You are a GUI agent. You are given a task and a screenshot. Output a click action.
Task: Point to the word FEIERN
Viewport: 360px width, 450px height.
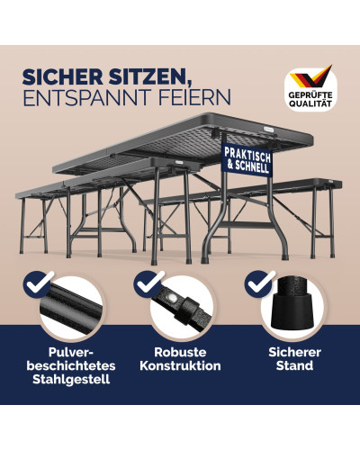194,97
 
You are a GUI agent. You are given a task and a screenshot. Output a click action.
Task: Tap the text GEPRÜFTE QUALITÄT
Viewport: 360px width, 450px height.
310,100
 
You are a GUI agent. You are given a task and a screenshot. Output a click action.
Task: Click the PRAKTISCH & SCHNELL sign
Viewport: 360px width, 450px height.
247,159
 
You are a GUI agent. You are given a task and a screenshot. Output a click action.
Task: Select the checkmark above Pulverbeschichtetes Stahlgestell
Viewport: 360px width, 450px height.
38,284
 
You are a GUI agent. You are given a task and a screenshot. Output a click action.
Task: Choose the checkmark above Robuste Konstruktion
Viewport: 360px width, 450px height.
148,284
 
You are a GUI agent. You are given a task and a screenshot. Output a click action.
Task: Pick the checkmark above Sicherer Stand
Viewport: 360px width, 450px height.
259,284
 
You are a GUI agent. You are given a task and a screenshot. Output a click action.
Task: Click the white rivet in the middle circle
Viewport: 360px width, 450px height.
172,298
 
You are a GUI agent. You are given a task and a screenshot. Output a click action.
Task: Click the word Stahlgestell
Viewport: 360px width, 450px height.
71,380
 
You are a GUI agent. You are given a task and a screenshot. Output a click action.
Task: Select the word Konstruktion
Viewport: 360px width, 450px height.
180,366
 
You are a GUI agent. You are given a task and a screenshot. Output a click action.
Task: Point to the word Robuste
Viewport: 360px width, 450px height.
180,352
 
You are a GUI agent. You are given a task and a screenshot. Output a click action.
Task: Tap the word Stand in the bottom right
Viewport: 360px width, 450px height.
294,366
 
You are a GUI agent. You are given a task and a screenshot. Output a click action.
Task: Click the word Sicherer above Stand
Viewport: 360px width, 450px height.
294,352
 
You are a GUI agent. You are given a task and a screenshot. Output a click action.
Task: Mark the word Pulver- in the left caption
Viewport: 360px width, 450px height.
71,352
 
